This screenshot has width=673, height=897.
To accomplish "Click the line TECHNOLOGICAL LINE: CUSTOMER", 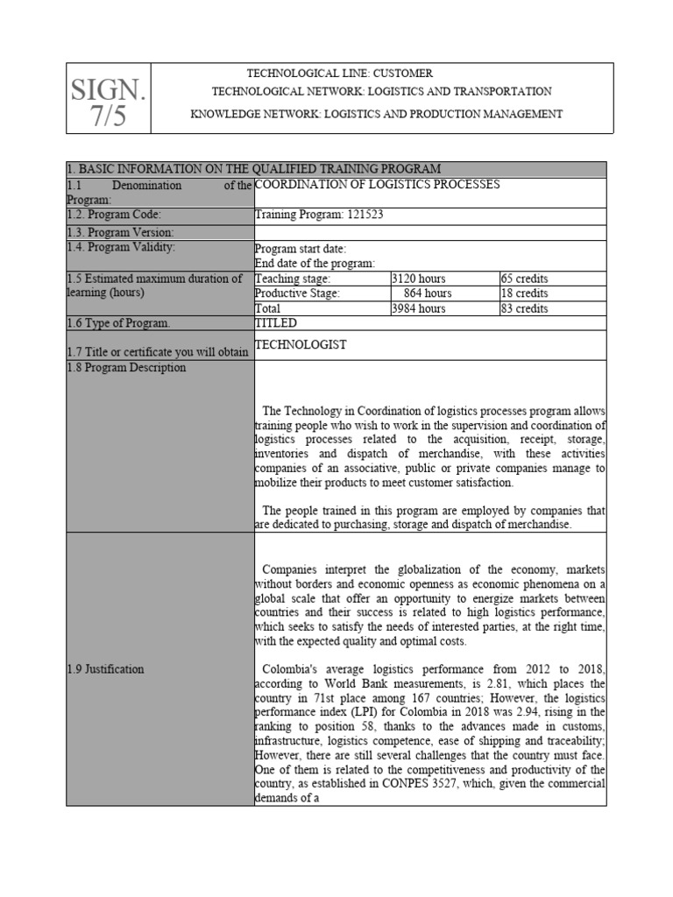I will (339, 74).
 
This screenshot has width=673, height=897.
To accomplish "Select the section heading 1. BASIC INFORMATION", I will (253, 169).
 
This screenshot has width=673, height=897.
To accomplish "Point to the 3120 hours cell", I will (419, 279).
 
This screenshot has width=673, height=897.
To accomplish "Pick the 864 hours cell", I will (428, 293).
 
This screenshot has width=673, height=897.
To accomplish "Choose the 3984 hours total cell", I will (419, 308).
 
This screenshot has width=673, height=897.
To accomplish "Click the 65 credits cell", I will (524, 279).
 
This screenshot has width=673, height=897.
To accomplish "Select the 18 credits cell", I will (524, 293).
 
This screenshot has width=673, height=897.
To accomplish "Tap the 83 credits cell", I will (524, 308).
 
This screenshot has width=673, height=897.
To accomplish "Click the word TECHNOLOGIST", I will (300, 345).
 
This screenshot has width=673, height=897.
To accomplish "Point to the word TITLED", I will (276, 323).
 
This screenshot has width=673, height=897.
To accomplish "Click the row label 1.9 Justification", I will (105, 669).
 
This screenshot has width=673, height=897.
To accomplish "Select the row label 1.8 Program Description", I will (126, 368).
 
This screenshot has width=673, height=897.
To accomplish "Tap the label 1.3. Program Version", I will (120, 232).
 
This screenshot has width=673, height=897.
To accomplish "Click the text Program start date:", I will (301, 249).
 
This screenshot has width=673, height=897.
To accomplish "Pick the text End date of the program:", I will (315, 263).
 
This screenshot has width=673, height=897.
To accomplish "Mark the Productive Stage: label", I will (297, 293).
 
